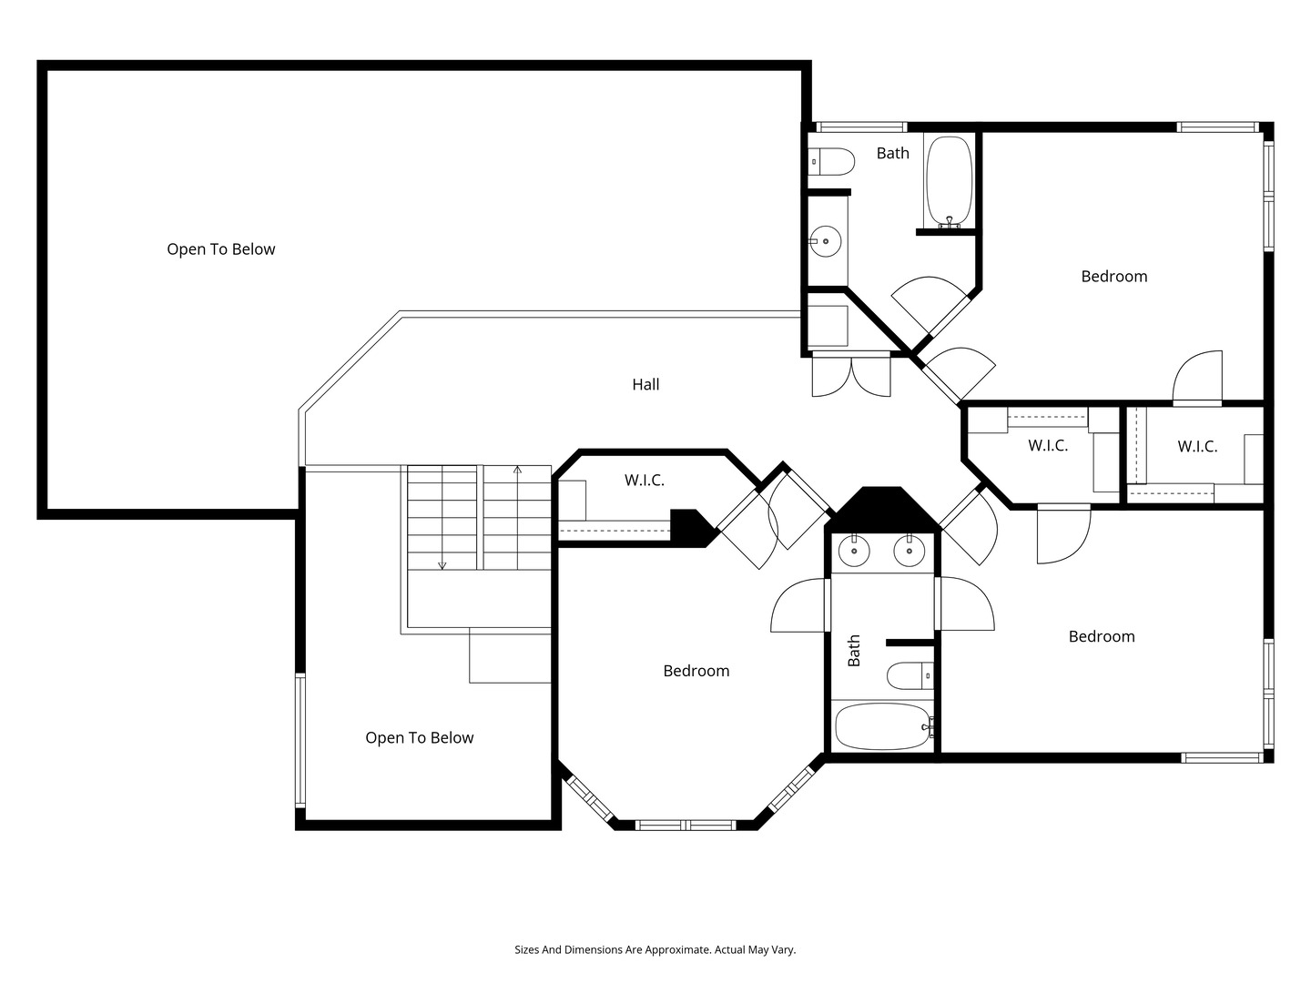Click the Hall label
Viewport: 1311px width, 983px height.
[x=645, y=385]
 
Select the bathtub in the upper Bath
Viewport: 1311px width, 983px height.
[x=949, y=181]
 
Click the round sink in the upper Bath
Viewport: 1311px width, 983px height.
[x=826, y=241]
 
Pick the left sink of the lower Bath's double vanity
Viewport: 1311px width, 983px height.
[x=854, y=550]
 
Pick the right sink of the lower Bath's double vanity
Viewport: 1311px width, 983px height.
[x=909, y=550]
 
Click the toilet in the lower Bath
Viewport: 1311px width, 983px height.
[x=910, y=675]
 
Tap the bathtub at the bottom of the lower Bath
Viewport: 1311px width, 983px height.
[x=881, y=726]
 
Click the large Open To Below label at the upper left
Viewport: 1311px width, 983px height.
[x=220, y=249]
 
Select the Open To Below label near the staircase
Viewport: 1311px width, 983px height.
[x=419, y=738]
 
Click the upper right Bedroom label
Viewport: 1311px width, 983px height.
[x=1113, y=277]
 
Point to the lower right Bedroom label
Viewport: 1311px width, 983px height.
[x=1102, y=637]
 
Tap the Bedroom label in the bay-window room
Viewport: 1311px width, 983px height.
[x=696, y=672]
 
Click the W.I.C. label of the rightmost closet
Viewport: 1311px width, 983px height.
[x=1196, y=447]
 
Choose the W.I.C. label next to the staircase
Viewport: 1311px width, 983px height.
[x=644, y=481]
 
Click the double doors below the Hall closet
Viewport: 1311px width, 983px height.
[x=851, y=376]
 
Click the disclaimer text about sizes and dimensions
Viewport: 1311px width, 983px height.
[x=655, y=950]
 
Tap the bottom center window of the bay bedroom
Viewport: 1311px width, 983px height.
[x=685, y=826]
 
